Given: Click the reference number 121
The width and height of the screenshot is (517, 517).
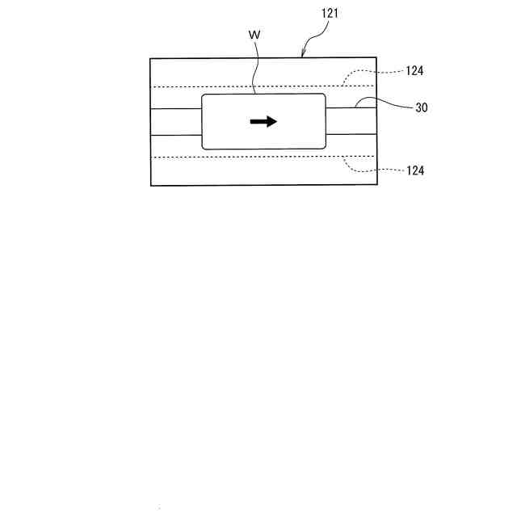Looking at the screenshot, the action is (x=328, y=14).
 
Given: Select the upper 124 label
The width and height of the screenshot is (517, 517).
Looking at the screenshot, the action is (x=415, y=71).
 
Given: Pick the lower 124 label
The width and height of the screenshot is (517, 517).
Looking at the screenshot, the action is (x=415, y=170).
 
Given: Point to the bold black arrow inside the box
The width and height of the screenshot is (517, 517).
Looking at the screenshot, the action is (x=263, y=121).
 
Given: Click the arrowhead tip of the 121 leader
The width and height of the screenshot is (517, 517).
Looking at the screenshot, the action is (x=301, y=57).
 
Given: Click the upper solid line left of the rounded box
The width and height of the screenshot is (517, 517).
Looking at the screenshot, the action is (x=175, y=108).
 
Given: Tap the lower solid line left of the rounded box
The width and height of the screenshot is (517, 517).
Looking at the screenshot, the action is (x=175, y=135).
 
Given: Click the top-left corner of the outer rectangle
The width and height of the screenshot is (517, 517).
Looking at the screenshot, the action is (x=151, y=58).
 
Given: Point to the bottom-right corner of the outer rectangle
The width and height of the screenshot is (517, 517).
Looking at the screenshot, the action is (x=376, y=185).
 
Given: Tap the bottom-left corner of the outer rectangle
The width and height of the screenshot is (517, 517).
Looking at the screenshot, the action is (x=151, y=185).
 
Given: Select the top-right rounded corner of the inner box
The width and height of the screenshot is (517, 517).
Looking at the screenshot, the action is (x=324, y=96).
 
